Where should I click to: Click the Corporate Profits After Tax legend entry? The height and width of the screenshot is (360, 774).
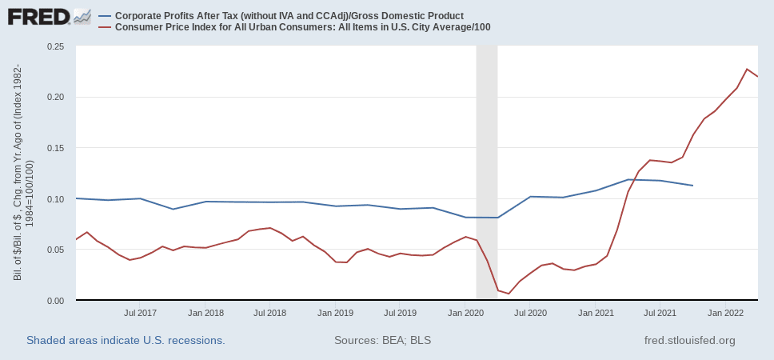(x=289, y=16)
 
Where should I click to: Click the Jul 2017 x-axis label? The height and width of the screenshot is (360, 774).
(x=141, y=313)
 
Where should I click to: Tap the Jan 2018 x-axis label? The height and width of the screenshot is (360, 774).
(x=206, y=313)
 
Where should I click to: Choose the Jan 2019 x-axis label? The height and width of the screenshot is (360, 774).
(x=336, y=313)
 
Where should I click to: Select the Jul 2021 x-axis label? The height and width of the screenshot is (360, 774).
(x=659, y=313)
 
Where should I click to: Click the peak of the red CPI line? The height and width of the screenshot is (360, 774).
(x=747, y=69)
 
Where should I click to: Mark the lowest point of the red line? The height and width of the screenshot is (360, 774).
(x=509, y=294)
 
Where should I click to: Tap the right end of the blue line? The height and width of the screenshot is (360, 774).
(x=692, y=186)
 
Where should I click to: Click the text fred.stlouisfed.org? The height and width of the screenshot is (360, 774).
(x=689, y=341)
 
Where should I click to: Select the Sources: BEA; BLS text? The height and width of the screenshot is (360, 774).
(x=382, y=341)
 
